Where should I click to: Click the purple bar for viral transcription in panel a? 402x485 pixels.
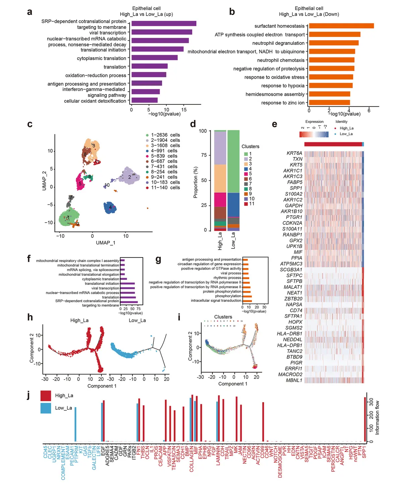(x=161, y=32)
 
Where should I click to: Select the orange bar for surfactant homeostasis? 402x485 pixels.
(x=341, y=26)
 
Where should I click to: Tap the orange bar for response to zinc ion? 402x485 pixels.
(x=329, y=102)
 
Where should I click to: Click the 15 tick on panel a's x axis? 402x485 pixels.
(x=184, y=109)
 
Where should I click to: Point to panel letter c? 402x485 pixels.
(x=30, y=124)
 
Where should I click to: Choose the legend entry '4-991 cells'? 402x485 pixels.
(x=164, y=151)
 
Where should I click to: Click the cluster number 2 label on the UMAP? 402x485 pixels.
(x=130, y=177)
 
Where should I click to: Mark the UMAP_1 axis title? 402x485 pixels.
(x=106, y=242)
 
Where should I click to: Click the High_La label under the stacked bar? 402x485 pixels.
(x=220, y=241)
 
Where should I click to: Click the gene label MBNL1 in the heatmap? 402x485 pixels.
(x=294, y=380)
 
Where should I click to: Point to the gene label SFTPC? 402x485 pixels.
(x=294, y=275)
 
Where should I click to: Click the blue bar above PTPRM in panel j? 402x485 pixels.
(x=75, y=424)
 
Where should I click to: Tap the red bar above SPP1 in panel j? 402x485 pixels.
(x=365, y=419)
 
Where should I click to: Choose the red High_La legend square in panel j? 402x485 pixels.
(x=46, y=395)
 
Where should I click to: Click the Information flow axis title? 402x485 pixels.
(x=377, y=417)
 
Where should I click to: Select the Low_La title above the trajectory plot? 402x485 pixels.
(x=137, y=320)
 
